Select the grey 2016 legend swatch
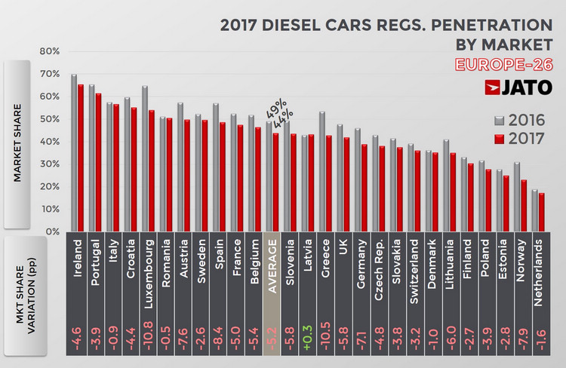tap(498, 120)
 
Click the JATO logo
tap(521, 87)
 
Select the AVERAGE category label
tap(275, 271)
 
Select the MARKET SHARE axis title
tap(25, 142)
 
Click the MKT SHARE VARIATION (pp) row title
tap(25, 299)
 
